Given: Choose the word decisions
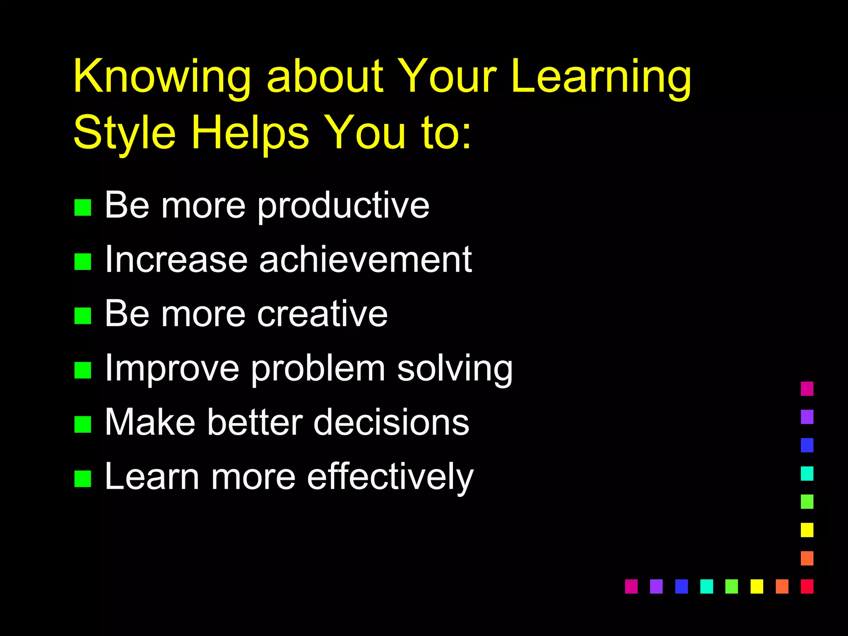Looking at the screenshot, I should point(391,422).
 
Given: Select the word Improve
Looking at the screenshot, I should point(172,369).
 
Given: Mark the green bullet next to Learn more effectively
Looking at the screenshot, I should point(82,479).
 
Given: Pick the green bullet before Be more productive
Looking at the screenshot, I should point(82,207).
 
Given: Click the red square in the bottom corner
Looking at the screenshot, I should point(807,586).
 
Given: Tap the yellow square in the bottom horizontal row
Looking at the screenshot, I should point(756,586).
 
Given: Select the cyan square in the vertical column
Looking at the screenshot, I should point(807,473).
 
